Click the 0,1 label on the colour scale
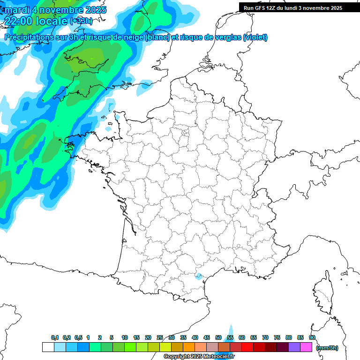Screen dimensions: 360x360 pyautogui.click(x=55, y=337)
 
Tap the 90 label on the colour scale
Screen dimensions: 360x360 pyautogui.click(x=312, y=337)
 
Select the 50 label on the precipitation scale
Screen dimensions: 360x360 pyautogui.click(x=218, y=337)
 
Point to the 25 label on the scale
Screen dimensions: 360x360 pyautogui.click(x=160, y=337)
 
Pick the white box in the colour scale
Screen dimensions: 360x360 pyautogui.click(x=48, y=347)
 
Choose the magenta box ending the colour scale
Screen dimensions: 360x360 pyautogui.click(x=306, y=347)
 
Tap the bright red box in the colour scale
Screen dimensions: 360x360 pyautogui.click(x=247, y=347)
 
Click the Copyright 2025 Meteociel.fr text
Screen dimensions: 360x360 pyautogui.click(x=199, y=357)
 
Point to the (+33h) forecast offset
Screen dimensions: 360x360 pyautogui.click(x=81, y=21)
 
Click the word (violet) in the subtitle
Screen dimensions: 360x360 pyautogui.click(x=255, y=37)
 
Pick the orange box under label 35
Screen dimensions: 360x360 pyautogui.click(x=189, y=347)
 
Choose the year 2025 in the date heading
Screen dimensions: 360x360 pyautogui.click(x=94, y=10)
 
